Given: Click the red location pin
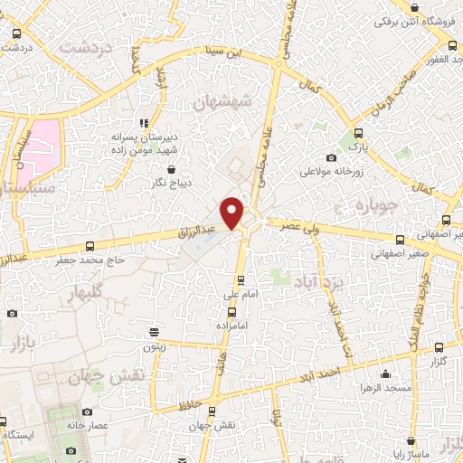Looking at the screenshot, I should point(233,213).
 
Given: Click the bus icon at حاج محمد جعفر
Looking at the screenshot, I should point(89,246).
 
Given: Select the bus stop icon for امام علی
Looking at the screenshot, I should point(240,280).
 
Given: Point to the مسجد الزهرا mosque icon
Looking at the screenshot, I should point(386,373).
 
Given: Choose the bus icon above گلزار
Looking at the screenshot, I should point(439,347).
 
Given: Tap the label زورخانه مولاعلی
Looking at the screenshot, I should point(332,170).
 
